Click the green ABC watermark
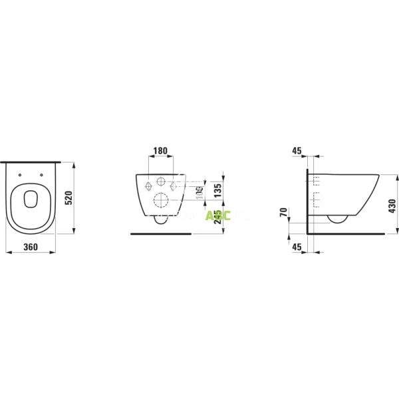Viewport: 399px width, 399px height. point(213,214)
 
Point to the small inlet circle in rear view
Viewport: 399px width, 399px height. point(161,182)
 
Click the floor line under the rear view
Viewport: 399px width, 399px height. point(161,234)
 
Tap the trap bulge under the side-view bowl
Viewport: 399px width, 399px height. point(336,218)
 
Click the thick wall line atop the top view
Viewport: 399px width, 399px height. point(32,162)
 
